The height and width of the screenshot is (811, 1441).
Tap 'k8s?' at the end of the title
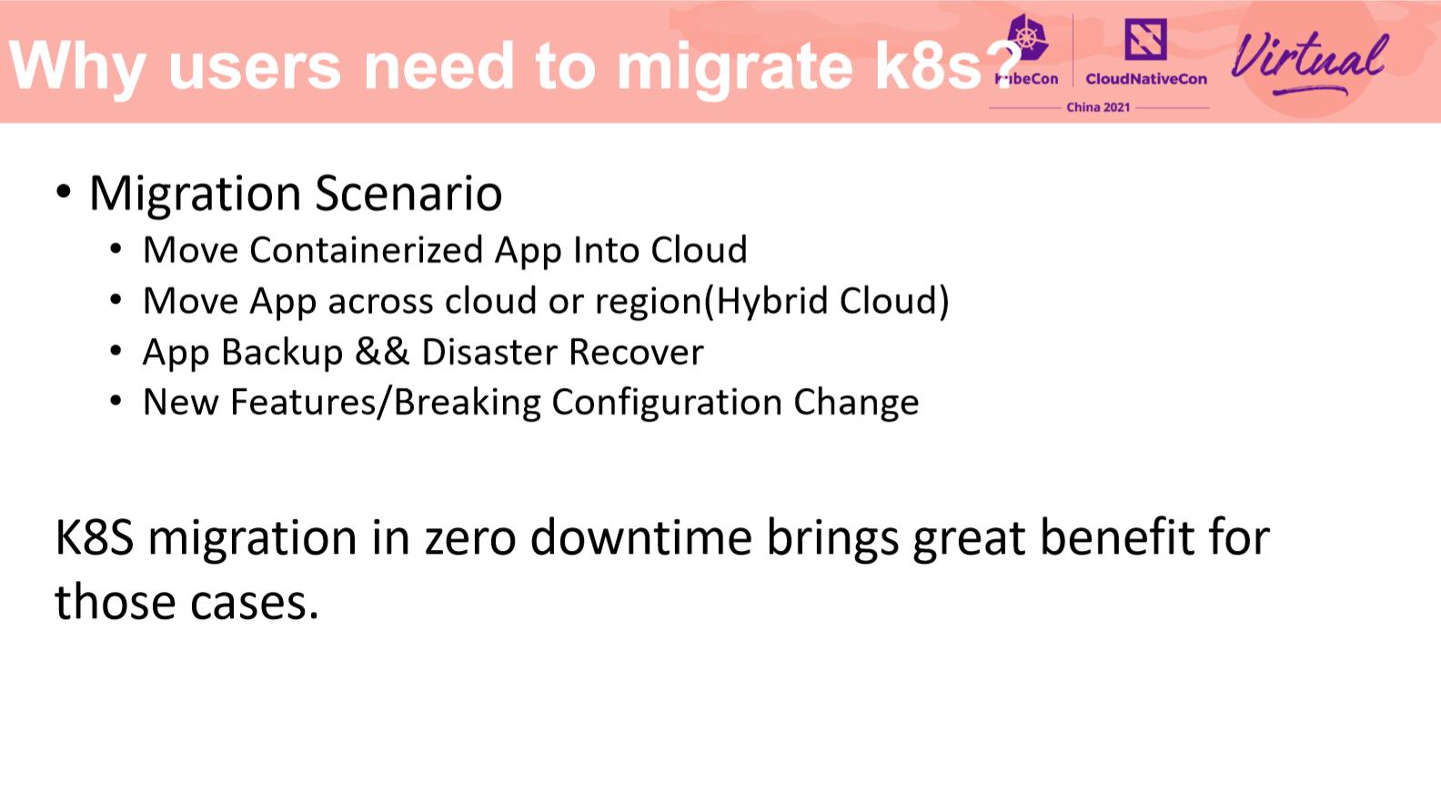pyautogui.click(x=946, y=67)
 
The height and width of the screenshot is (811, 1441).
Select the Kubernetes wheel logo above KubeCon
pyautogui.click(x=1027, y=38)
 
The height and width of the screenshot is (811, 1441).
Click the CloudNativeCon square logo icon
pyautogui.click(x=1145, y=40)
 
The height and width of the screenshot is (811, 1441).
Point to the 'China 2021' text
pyautogui.click(x=1098, y=107)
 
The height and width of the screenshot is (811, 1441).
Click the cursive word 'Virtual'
pyautogui.click(x=1309, y=58)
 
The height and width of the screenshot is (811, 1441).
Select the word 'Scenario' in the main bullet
pyautogui.click(x=408, y=194)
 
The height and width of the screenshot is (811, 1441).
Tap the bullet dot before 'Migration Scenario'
pyautogui.click(x=63, y=192)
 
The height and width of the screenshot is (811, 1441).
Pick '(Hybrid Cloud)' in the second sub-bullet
pyautogui.click(x=827, y=301)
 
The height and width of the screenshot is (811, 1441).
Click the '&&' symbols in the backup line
pyautogui.click(x=382, y=352)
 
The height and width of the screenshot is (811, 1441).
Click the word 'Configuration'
pyautogui.click(x=667, y=403)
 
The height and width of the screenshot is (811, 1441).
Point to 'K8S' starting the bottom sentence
pyautogui.click(x=95, y=537)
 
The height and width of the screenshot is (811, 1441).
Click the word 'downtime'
pyautogui.click(x=640, y=537)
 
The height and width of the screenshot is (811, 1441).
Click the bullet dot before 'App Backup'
pyautogui.click(x=116, y=351)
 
